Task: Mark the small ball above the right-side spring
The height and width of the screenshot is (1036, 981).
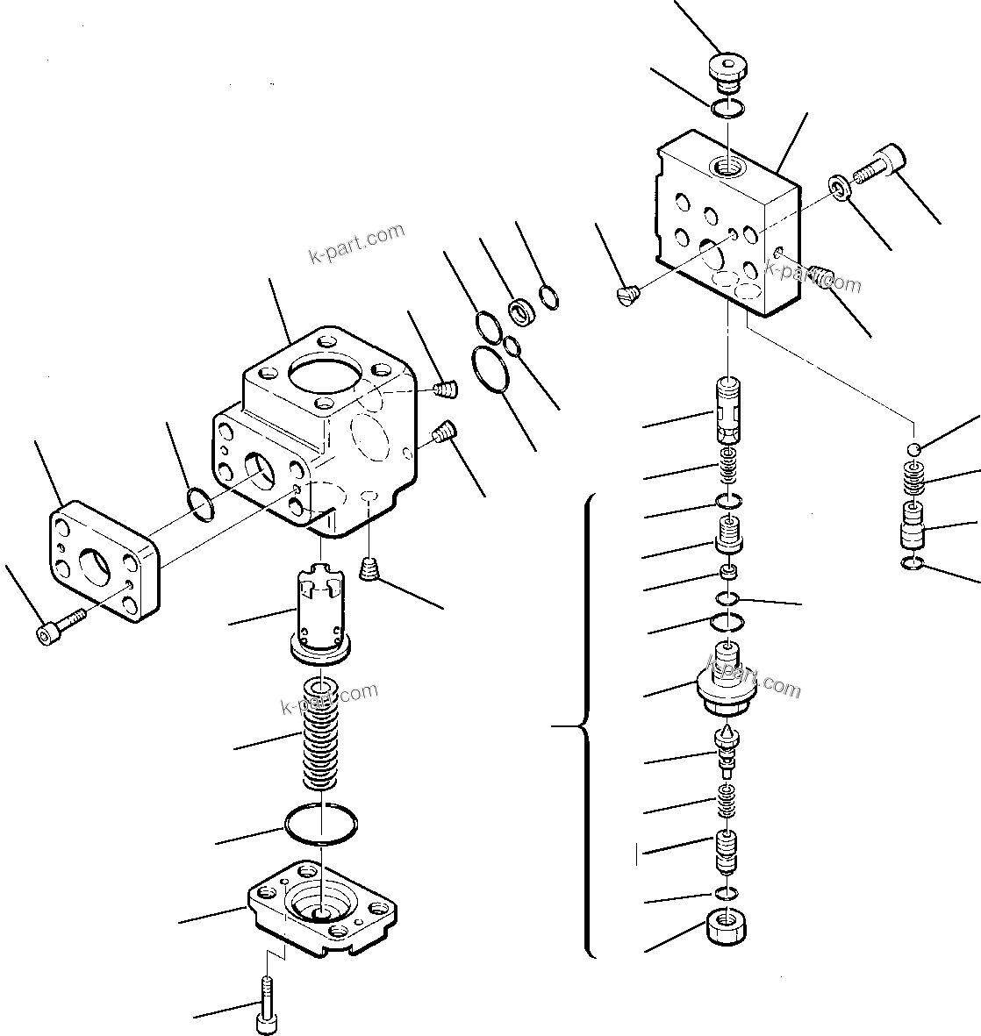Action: click(x=913, y=448)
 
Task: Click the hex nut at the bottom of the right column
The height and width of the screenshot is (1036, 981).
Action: click(x=725, y=927)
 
